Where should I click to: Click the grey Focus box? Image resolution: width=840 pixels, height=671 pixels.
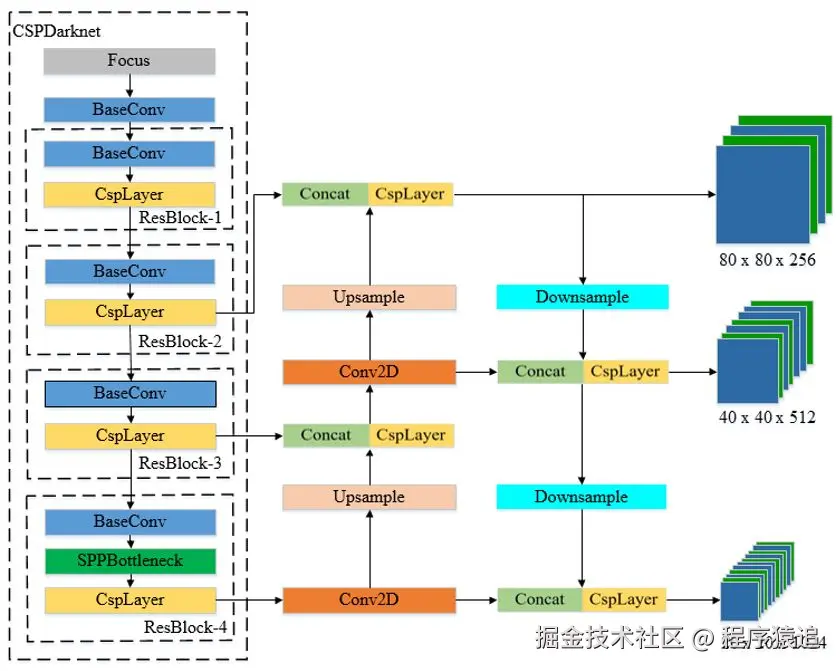(x=129, y=61)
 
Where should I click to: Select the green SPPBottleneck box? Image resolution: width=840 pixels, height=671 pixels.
(x=130, y=560)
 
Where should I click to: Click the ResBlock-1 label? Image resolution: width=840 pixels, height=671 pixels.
(x=179, y=216)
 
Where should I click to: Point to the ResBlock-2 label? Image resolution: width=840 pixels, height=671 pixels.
(x=179, y=342)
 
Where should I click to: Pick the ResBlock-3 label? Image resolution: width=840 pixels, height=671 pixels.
(x=179, y=463)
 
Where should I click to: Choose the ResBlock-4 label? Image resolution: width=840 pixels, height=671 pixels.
(x=185, y=627)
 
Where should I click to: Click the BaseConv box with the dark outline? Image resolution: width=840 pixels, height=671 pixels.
(x=130, y=393)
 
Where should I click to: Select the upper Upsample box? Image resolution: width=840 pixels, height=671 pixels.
(x=369, y=297)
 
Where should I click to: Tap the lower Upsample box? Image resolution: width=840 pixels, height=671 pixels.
(x=369, y=497)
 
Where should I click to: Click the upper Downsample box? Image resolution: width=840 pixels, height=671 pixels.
(x=582, y=297)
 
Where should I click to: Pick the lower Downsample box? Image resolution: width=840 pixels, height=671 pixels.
(x=582, y=497)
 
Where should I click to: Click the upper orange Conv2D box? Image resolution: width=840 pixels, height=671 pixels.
(x=369, y=372)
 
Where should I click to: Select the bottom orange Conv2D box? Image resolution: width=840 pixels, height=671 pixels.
(x=369, y=600)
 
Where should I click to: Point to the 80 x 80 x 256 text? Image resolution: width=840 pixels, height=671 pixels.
(x=767, y=259)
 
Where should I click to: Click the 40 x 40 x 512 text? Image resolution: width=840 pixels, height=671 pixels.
(x=767, y=417)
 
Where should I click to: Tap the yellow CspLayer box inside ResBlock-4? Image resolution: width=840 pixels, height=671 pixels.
(x=130, y=600)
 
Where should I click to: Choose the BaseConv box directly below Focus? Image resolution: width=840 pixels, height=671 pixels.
(x=130, y=109)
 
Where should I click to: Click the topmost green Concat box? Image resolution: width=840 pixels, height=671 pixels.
(x=325, y=194)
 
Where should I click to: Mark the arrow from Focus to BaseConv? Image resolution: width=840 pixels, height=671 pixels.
(x=130, y=86)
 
